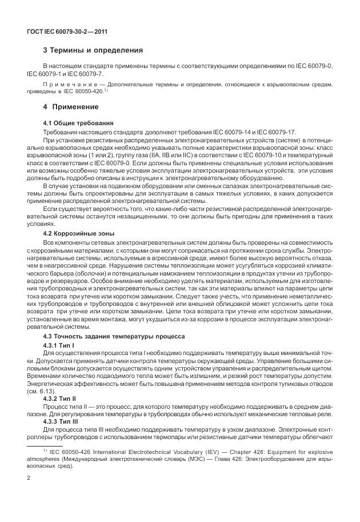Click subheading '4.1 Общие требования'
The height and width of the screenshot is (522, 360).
click(78, 123)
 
